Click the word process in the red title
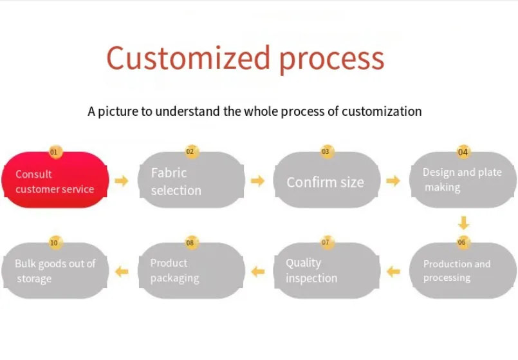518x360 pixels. click(x=331, y=59)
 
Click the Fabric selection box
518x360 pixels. click(x=191, y=182)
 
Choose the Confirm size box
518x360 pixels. click(x=327, y=182)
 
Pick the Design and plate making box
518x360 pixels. click(x=463, y=180)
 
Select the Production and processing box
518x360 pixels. click(x=463, y=271)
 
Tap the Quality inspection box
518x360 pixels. click(x=327, y=271)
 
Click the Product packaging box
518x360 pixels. click(x=191, y=271)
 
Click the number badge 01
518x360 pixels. click(x=54, y=152)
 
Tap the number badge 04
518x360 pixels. click(x=463, y=152)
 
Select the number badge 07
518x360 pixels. click(x=326, y=242)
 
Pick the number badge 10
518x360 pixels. click(x=54, y=243)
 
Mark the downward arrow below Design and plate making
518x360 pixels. click(x=463, y=223)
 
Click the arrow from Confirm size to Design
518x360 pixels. click(x=393, y=181)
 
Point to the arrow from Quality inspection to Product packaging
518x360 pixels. click(x=257, y=272)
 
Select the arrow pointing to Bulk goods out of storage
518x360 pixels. click(x=122, y=272)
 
